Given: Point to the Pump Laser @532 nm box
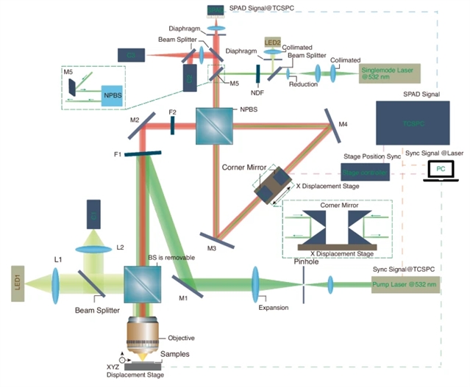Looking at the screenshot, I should [x=406, y=284].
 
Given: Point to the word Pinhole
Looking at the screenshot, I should [x=305, y=260].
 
